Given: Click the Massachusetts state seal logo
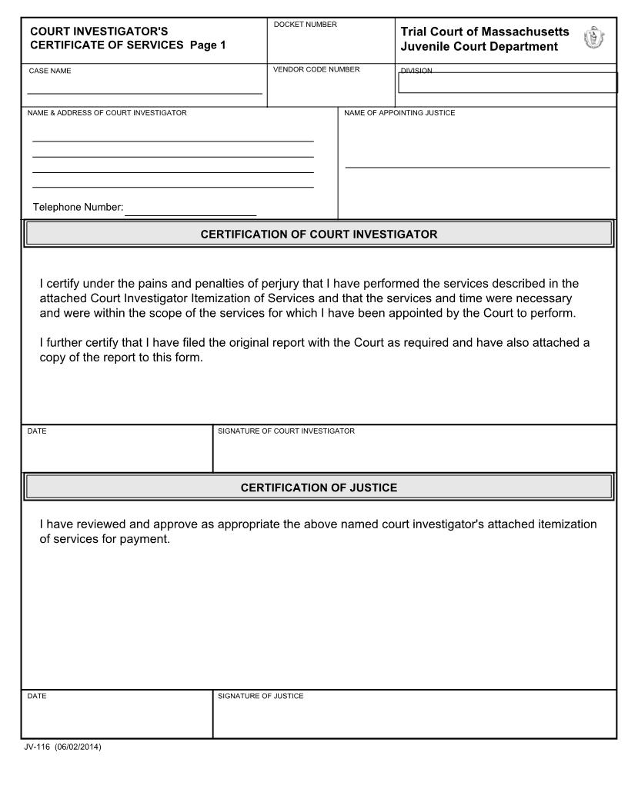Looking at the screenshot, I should (x=594, y=38).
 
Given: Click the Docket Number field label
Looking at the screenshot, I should (x=306, y=25).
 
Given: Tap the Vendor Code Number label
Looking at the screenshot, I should (x=316, y=70).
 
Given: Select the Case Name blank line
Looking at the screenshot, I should (x=145, y=92).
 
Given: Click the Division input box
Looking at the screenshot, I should (x=507, y=83).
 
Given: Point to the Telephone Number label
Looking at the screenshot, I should (x=78, y=208).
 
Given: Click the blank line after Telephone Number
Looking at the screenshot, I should (x=190, y=213).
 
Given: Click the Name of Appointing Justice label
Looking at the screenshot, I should (x=399, y=113).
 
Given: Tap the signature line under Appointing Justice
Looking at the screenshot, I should (x=477, y=165).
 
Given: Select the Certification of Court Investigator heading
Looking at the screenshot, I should (x=319, y=235).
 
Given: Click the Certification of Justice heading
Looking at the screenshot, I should (x=319, y=488).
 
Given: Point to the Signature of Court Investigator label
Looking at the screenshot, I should (x=286, y=431).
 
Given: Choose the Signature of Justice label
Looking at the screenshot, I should (x=261, y=696).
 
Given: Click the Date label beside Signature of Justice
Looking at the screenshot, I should (x=37, y=696).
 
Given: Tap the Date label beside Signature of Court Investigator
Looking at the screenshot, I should (x=37, y=431).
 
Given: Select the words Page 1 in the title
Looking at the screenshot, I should (x=208, y=45).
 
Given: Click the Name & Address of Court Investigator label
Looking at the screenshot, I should (x=107, y=113).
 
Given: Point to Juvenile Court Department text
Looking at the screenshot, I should (x=479, y=47).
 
